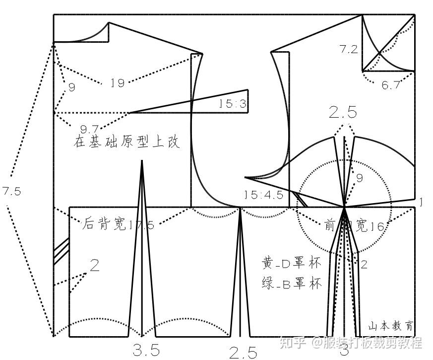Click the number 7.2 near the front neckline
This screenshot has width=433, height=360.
point(349,49)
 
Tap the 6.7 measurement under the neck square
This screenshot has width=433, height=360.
point(391,85)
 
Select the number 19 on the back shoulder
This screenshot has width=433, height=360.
point(118,83)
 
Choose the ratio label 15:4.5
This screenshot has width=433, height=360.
point(263,194)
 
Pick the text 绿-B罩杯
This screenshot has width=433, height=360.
point(292,284)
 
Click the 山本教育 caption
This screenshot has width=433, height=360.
point(390,326)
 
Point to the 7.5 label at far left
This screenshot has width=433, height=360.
point(11,192)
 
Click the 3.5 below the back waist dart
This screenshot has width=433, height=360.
point(146,351)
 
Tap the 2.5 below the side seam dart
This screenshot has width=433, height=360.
point(243,353)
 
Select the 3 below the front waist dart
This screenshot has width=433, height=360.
point(344,352)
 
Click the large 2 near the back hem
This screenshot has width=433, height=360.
point(94,265)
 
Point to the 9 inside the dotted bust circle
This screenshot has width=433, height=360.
point(360,178)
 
